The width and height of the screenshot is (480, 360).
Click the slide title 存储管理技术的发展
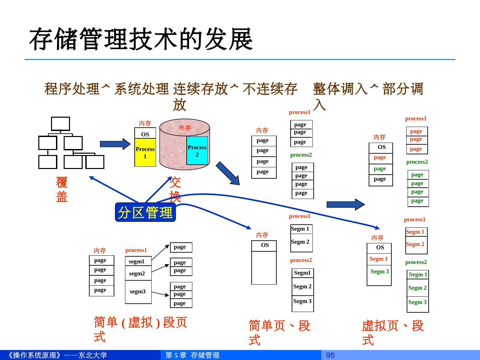click(x=141, y=39)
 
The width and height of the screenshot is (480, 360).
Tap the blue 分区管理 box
click(x=145, y=212)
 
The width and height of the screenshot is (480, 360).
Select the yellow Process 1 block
click(x=145, y=153)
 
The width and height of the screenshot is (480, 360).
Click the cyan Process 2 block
click(x=197, y=151)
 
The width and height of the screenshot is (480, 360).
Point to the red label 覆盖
click(x=62, y=189)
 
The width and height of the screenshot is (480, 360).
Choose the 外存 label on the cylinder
click(x=185, y=128)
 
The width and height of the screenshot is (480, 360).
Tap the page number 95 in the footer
click(x=330, y=355)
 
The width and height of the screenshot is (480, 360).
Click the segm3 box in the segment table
click(x=138, y=292)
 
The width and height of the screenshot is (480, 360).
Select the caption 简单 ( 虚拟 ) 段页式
click(x=140, y=329)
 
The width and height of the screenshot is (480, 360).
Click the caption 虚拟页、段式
click(x=392, y=333)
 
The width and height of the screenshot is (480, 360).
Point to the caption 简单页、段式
click(x=279, y=333)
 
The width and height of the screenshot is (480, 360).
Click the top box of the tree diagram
click(x=60, y=124)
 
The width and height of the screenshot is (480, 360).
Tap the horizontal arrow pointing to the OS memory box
click(x=115, y=144)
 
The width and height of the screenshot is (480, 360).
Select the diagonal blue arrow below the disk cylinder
click(x=228, y=173)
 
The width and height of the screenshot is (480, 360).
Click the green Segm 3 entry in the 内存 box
click(x=380, y=271)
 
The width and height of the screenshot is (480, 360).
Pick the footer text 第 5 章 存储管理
click(x=193, y=355)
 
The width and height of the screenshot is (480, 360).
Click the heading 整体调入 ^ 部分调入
click(x=368, y=96)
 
